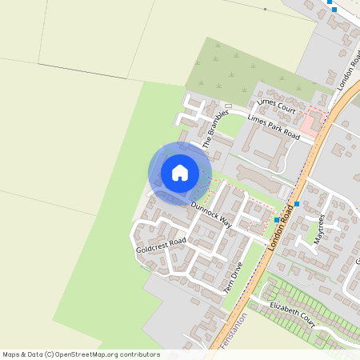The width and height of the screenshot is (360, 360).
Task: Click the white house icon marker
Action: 180,173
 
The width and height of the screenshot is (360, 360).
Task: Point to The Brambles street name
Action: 215,128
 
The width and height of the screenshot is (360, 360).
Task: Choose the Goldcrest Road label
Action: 161,245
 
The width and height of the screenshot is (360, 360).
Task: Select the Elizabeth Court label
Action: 293,311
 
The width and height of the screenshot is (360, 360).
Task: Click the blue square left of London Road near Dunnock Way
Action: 277,219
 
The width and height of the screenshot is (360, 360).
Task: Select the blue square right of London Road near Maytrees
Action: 297,204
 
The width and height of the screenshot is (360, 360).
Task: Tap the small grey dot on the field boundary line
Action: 265,9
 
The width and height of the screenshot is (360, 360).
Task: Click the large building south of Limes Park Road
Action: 265,147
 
